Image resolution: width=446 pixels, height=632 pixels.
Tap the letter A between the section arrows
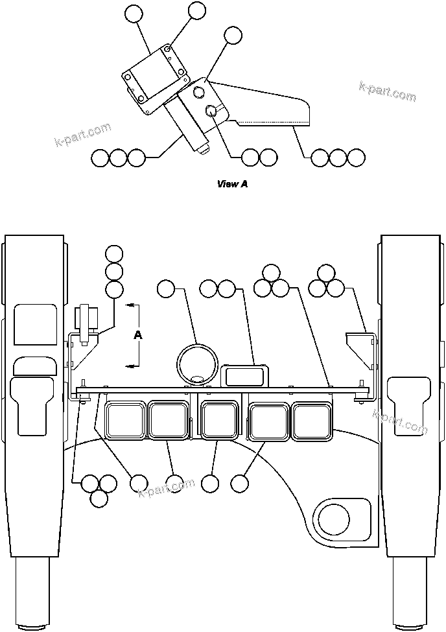click(137, 335)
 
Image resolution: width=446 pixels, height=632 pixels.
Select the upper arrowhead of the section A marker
click(130, 303)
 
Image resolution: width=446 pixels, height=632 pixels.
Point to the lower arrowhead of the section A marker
click(130, 366)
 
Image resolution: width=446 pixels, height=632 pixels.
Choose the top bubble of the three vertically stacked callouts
click(114, 253)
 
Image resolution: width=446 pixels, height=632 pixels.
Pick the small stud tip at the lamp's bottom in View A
click(205, 151)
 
